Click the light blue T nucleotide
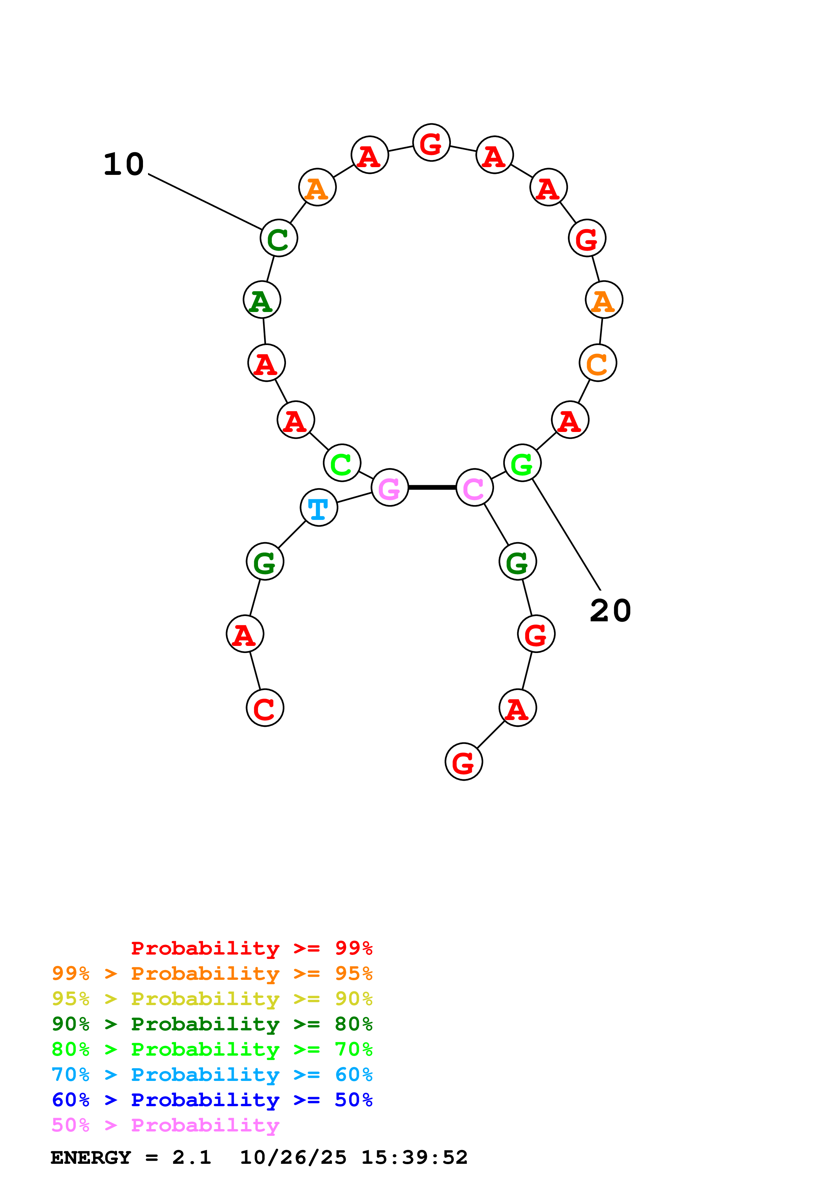coord(319,507)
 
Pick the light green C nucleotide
coord(342,463)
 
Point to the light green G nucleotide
coord(522,463)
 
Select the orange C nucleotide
coord(598,363)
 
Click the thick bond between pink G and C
coord(432,487)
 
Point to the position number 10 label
coord(124,165)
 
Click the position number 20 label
coord(610,611)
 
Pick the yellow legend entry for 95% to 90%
coord(212,999)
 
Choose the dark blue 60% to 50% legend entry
coord(212,1100)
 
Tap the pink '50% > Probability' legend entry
coord(165,1125)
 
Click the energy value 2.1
coord(192,1158)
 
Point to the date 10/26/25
coord(293,1158)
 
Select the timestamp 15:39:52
coord(414,1158)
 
